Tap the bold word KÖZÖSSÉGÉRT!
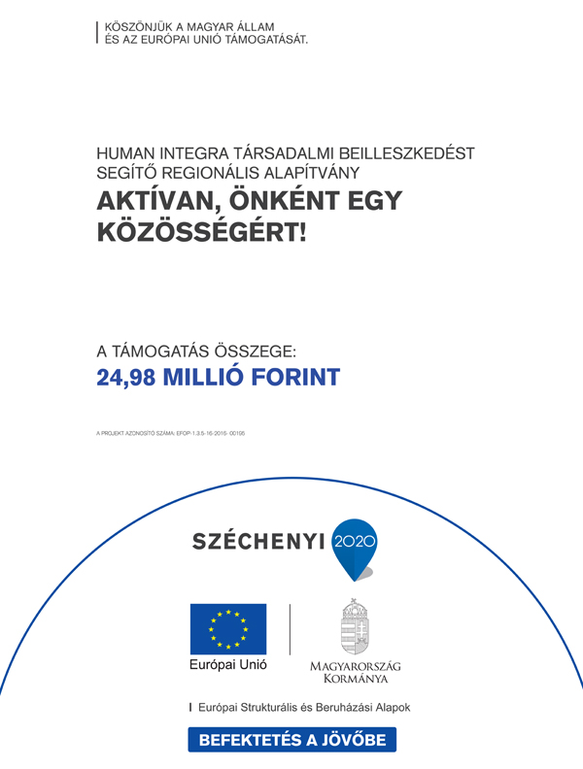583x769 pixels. coord(200,233)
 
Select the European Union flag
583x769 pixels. coord(228,628)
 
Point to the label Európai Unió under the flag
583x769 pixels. coord(228,667)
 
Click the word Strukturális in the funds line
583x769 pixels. coord(280,708)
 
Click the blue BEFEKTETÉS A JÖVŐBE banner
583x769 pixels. coord(292,740)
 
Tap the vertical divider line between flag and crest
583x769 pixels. coord(290,628)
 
